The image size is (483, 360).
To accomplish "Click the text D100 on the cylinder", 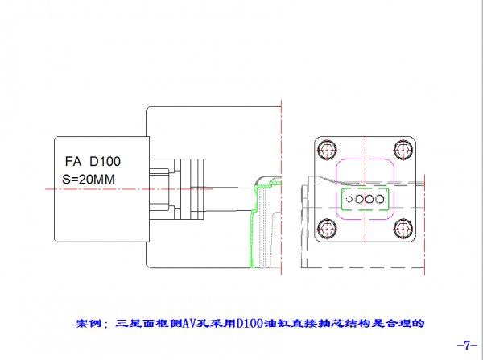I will coord(105,161).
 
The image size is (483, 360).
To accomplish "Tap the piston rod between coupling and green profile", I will coord(229,192).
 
